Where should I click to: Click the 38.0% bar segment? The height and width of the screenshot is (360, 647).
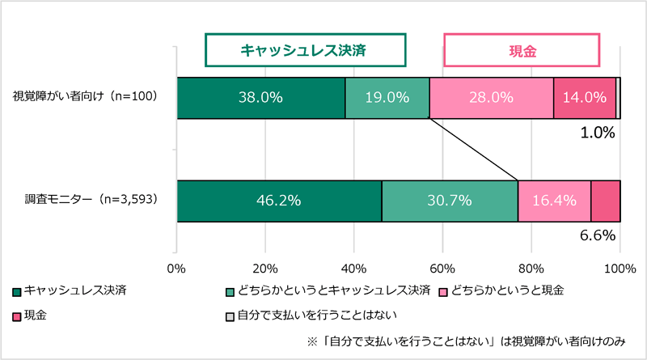point(260,98)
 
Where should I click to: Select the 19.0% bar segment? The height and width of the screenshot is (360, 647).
point(387,98)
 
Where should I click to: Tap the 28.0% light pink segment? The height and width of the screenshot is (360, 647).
point(491,98)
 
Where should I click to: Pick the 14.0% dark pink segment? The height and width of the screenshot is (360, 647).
point(584,98)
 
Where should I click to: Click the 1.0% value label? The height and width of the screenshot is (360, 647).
point(598,133)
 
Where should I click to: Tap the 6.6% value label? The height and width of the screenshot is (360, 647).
point(598,236)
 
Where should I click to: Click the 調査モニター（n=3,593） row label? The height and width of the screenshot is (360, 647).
point(84,199)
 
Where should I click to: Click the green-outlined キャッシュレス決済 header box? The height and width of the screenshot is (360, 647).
point(303,49)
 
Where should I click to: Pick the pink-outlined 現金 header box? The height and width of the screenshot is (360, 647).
point(522,49)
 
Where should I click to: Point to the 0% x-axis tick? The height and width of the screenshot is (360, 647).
point(176,269)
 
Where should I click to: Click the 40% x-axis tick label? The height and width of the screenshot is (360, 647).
point(353,269)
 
